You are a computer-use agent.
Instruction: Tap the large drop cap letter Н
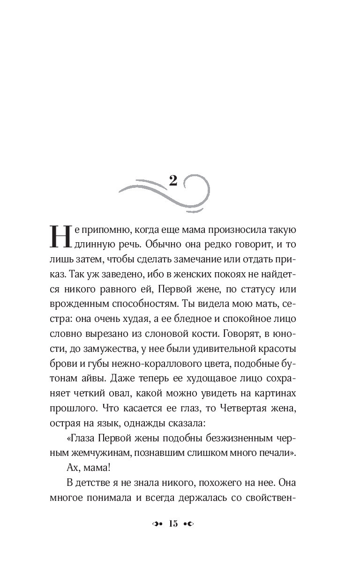pos(60,235)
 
